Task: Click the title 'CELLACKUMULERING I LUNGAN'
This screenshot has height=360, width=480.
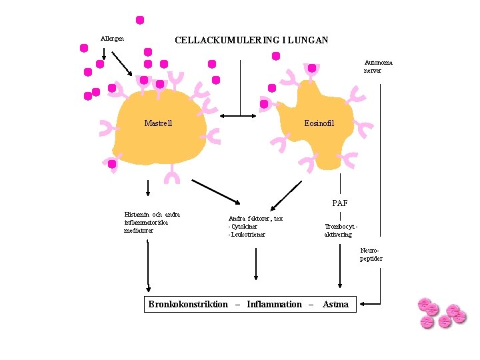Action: click(x=251, y=40)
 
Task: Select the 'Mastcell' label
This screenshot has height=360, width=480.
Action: click(x=158, y=123)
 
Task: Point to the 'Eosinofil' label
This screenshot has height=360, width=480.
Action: click(x=319, y=123)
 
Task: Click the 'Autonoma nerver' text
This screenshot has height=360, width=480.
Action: click(x=378, y=66)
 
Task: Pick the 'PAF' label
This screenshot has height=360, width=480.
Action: click(x=340, y=203)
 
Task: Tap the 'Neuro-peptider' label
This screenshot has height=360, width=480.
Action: click(x=371, y=255)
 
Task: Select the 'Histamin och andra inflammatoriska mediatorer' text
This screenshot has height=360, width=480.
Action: click(x=152, y=222)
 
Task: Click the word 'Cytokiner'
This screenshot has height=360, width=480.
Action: click(x=245, y=227)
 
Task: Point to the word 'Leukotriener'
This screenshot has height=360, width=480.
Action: click(x=248, y=235)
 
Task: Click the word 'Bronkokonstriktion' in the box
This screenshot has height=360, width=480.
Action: click(x=188, y=305)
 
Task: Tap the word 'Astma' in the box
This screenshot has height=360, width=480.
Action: click(x=335, y=305)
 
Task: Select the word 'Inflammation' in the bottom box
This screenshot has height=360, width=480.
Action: click(x=274, y=305)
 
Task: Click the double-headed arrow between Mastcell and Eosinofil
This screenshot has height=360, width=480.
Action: click(x=239, y=116)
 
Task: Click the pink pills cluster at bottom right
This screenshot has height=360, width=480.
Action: click(x=441, y=313)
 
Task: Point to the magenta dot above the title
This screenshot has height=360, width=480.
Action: click(x=140, y=20)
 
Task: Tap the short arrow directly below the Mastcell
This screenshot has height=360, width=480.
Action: click(x=148, y=186)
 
